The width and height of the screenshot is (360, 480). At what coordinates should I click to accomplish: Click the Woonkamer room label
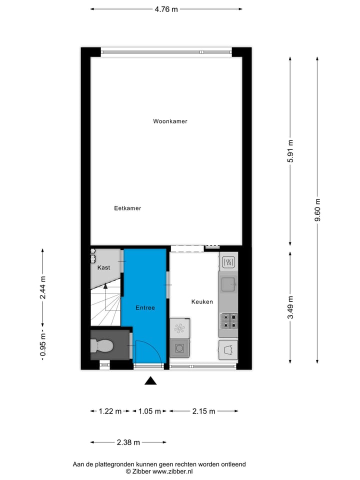click(170, 121)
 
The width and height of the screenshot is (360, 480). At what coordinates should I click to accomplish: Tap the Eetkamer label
click(127, 208)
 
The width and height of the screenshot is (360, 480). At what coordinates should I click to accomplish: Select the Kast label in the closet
click(103, 268)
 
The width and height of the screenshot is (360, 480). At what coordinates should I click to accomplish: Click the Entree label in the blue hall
click(145, 308)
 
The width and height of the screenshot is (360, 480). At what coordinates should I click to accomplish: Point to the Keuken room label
click(202, 302)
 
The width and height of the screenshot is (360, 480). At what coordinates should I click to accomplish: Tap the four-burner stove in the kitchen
click(228, 320)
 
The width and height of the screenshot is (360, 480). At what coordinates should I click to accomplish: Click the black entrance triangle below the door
click(150, 381)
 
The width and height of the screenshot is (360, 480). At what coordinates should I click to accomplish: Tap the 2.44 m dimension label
click(43, 287)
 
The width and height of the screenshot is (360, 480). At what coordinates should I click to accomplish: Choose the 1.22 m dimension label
click(109, 411)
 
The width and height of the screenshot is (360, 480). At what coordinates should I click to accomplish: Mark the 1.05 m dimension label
click(149, 411)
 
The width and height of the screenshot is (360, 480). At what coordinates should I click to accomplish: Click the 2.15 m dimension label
click(203, 411)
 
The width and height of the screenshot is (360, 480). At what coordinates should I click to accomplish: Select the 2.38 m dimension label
click(128, 442)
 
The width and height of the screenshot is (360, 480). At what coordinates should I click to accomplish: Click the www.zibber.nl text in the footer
click(172, 471)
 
